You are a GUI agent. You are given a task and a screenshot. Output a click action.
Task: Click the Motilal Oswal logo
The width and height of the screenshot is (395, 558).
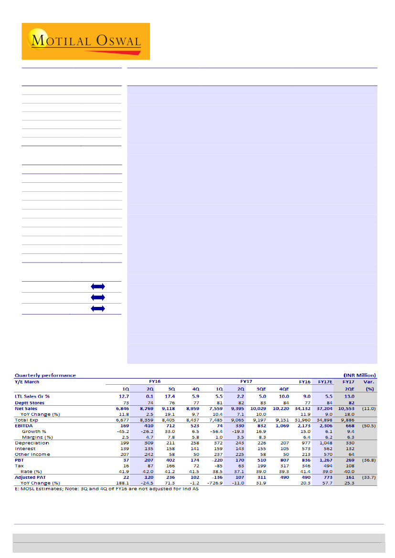(86, 41)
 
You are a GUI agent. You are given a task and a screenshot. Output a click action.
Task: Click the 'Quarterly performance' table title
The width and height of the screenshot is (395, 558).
(45, 375)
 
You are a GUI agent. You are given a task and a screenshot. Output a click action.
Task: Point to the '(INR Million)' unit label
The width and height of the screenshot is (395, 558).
(360, 375)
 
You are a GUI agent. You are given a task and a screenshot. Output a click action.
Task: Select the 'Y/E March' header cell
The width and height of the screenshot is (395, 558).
(27, 382)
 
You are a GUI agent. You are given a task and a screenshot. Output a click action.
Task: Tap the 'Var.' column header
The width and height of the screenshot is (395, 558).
(370, 382)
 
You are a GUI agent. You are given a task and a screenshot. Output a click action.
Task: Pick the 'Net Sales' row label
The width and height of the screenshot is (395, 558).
(26, 409)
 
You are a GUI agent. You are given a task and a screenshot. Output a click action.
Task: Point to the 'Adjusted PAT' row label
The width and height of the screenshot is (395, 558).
(30, 477)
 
